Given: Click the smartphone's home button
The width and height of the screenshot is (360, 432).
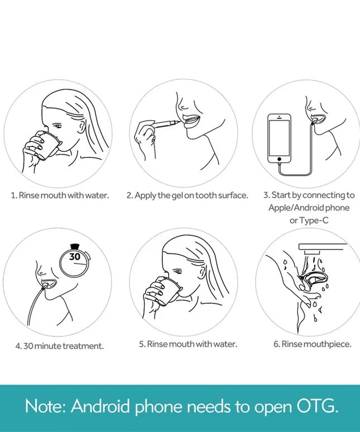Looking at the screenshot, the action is (x=279, y=159).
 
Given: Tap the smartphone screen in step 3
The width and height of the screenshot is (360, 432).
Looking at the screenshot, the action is (x=279, y=138).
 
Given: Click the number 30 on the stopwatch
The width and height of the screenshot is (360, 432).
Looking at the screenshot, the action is (x=75, y=257).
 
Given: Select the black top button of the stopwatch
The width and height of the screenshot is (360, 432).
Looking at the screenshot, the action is (x=74, y=247).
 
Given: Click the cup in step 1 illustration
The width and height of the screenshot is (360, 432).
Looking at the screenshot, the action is (x=47, y=145).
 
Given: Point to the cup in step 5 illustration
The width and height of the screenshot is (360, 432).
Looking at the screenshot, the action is (x=169, y=291).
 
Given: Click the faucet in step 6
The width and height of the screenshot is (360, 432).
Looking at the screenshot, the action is (x=322, y=248).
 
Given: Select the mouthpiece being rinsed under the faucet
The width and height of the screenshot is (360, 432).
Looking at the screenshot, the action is (x=314, y=281).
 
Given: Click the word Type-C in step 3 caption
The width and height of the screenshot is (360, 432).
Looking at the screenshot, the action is (x=314, y=220).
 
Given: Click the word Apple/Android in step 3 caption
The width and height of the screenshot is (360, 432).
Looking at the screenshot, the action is (x=296, y=208).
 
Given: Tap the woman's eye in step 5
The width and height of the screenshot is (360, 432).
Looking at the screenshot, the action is (x=178, y=272).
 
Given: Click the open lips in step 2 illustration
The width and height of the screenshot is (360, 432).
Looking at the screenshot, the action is (x=191, y=121).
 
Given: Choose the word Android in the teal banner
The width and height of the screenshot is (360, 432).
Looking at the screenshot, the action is (x=100, y=406).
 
